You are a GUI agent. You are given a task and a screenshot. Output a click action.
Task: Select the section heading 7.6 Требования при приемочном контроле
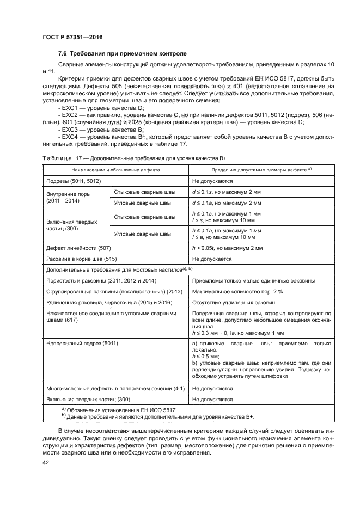pyautogui.click(x=122, y=54)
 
